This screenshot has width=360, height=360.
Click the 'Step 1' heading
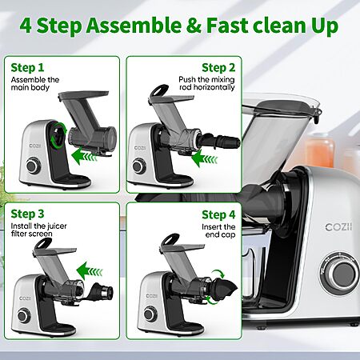pyautogui.click(x=27, y=68)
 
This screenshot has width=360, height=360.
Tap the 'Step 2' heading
pyautogui.click(x=218, y=68)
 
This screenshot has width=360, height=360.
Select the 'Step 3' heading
pyautogui.click(x=27, y=214)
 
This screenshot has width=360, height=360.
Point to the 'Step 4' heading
pyautogui.click(x=218, y=214)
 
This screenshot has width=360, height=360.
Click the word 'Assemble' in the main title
pyautogui.click(x=134, y=26)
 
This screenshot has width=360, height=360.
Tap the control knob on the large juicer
pyautogui.click(x=343, y=274)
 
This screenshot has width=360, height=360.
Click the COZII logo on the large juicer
pyautogui.click(x=338, y=227)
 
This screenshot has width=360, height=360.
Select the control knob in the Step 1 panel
pyautogui.click(x=34, y=166)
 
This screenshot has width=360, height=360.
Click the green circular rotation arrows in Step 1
pyautogui.click(x=58, y=134)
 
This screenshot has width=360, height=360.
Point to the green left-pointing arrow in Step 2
pyautogui.click(x=204, y=158)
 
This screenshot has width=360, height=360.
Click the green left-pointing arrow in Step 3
pyautogui.click(x=90, y=270)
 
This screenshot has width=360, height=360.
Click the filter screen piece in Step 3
pyautogui.click(x=101, y=293)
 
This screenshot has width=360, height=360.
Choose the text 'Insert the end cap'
pyautogui.click(x=218, y=230)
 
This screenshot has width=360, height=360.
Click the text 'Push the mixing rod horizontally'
pyautogui.click(x=206, y=83)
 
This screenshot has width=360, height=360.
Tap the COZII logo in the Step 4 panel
pyautogui.click(x=152, y=296)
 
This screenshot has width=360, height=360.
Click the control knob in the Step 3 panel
pyautogui.click(x=24, y=315)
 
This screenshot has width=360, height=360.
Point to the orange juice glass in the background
pyautogui.click(x=320, y=152)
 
